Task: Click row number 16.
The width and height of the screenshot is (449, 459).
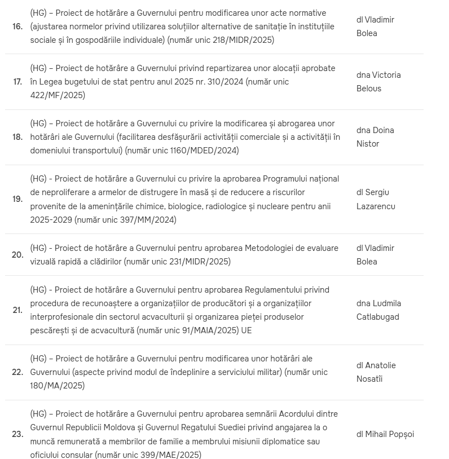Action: [17, 27]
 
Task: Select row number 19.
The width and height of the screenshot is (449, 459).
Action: [17, 199]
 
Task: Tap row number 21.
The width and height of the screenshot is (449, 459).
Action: [17, 310]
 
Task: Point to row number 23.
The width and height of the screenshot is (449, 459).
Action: [17, 434]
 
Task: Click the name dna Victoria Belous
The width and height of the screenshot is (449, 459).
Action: [378, 82]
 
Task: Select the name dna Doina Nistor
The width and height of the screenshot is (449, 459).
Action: [375, 137]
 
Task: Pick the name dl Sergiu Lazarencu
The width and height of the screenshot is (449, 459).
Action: [375, 199]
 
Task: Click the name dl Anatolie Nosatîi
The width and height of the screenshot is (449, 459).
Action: [376, 372]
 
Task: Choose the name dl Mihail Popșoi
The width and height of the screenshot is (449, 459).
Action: [385, 434]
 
